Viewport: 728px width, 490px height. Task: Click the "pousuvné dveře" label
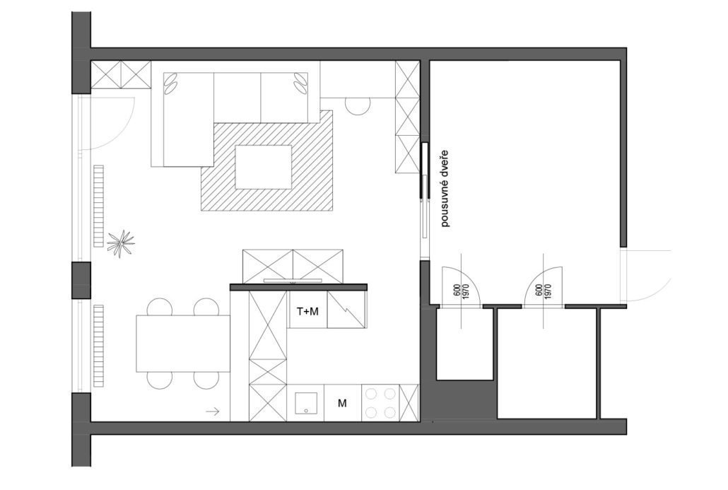pyautogui.click(x=445, y=188)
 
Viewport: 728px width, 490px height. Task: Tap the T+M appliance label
pyautogui.click(x=307, y=312)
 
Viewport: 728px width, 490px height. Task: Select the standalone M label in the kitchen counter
pyautogui.click(x=342, y=403)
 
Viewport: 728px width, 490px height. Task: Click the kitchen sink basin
pyautogui.click(x=306, y=403)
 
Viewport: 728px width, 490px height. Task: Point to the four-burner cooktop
pyautogui.click(x=380, y=403)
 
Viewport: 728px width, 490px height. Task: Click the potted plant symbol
pyautogui.click(x=121, y=243)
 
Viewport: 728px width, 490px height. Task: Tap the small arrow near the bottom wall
pyautogui.click(x=213, y=411)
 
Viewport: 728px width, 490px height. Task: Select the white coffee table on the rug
pyautogui.click(x=263, y=167)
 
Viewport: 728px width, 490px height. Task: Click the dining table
pyautogui.click(x=183, y=344)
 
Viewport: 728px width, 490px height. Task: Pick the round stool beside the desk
pyautogui.click(x=358, y=106)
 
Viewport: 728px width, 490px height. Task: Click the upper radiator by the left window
pyautogui.click(x=98, y=206)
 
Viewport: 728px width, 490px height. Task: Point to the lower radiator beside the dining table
pyautogui.click(x=98, y=345)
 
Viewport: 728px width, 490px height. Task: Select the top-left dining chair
pyautogui.click(x=160, y=307)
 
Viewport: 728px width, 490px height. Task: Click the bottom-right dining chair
pyautogui.click(x=206, y=380)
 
